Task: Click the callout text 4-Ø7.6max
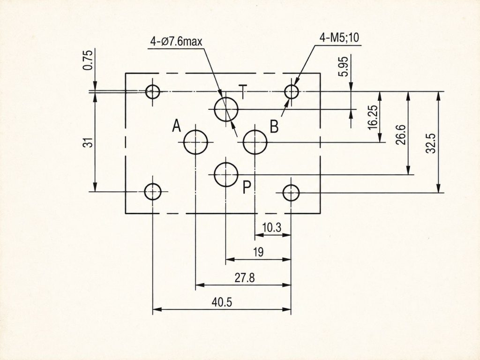[176, 41]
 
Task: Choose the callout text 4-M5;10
[339, 37]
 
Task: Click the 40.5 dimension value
[222, 302]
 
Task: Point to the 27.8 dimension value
[245, 278]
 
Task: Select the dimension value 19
[258, 252]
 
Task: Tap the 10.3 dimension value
[271, 228]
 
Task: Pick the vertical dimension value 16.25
[373, 118]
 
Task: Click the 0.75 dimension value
[88, 60]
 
